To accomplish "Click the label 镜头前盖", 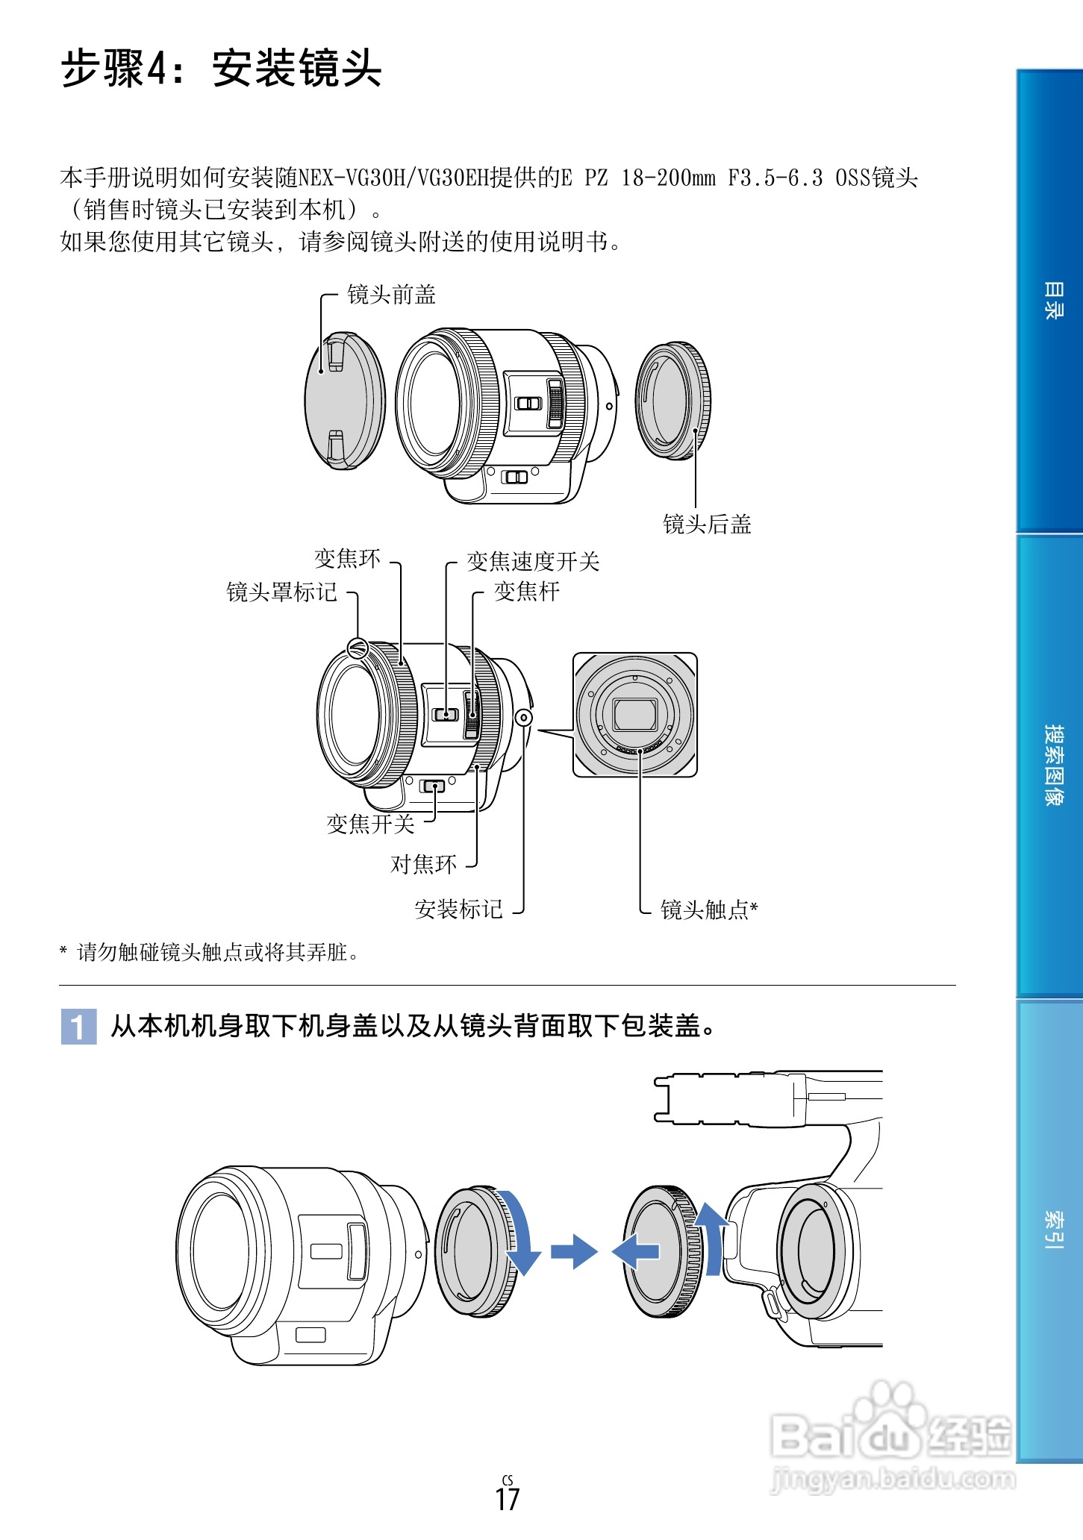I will click(x=391, y=295).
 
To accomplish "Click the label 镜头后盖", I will click(x=707, y=525).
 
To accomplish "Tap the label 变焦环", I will click(x=347, y=559).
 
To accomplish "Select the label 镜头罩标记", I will click(x=281, y=592).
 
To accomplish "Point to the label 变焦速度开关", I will click(x=533, y=562).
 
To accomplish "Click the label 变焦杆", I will click(x=526, y=592).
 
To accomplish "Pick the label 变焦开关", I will click(x=370, y=824).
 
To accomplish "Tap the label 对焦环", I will click(x=423, y=865).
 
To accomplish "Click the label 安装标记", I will click(x=458, y=910).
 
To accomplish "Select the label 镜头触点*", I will click(x=709, y=910).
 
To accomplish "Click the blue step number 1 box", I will click(x=78, y=1027).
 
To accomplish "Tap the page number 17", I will click(x=507, y=1500).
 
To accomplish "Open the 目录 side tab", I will click(x=1052, y=301).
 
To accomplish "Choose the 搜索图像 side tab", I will click(x=1052, y=765).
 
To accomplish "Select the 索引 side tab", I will click(x=1052, y=1230).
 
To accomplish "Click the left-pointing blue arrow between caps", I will click(x=635, y=1251).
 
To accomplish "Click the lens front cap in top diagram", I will click(x=344, y=401).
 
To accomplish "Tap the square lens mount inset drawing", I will click(x=634, y=715).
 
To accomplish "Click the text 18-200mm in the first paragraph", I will click(x=667, y=178).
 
